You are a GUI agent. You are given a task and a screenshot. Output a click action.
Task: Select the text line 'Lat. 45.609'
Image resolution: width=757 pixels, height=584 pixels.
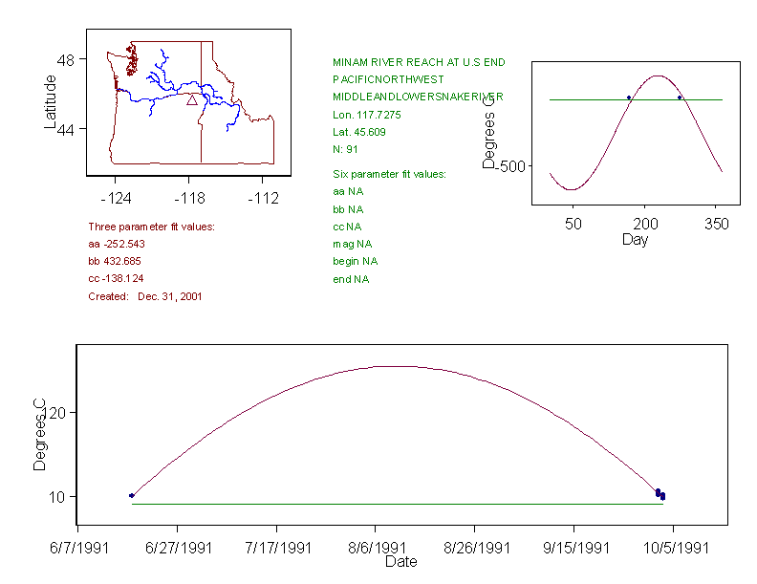[x=359, y=132]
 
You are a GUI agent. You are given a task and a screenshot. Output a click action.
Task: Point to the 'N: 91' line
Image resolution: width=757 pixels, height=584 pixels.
[x=345, y=149]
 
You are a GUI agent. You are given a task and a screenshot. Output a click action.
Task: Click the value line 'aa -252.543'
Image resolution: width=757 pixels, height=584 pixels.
[x=117, y=244]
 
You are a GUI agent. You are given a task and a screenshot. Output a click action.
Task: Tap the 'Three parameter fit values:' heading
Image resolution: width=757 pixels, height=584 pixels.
[x=151, y=227]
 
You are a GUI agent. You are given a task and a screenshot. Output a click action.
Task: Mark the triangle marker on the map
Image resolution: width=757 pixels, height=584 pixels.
[x=192, y=99]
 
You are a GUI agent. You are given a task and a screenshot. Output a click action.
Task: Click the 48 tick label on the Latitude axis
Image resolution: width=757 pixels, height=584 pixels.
[x=69, y=59]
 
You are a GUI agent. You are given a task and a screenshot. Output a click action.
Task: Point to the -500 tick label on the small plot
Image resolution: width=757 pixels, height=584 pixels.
[x=510, y=166]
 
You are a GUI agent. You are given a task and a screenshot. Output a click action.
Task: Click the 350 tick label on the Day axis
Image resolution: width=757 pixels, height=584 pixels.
[x=717, y=224]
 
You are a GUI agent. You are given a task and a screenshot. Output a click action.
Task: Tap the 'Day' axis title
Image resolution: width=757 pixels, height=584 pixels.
[x=635, y=239]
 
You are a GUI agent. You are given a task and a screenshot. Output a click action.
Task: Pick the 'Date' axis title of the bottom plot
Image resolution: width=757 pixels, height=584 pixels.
[x=400, y=562]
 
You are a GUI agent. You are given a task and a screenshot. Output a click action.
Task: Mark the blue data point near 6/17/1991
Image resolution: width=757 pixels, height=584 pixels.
[x=132, y=495]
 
